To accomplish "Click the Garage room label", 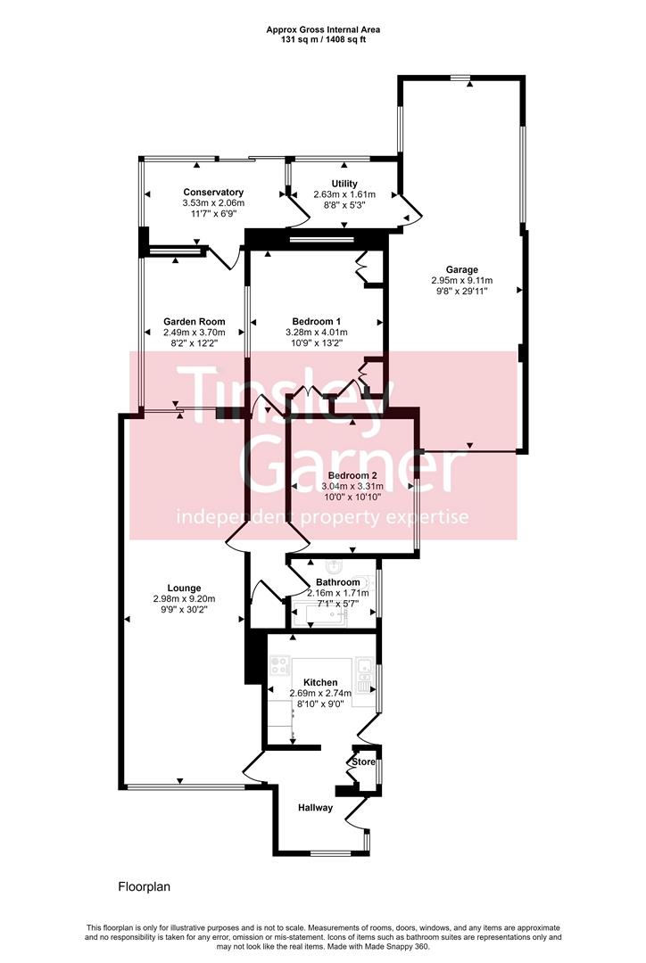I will point(462,269).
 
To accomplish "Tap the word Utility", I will point(344,183).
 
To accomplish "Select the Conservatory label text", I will point(213,192).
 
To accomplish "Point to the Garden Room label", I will point(194,321).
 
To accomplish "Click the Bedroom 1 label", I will point(317,321).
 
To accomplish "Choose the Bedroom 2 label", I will point(352,475).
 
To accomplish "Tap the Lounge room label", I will point(184,588).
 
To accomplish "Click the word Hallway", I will point(315,808).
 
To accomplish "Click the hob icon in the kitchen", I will point(278,665).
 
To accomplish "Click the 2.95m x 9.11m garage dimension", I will point(461,280).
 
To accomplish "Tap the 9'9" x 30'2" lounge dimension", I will point(184,610).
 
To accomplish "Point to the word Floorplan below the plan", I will point(144,887).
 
